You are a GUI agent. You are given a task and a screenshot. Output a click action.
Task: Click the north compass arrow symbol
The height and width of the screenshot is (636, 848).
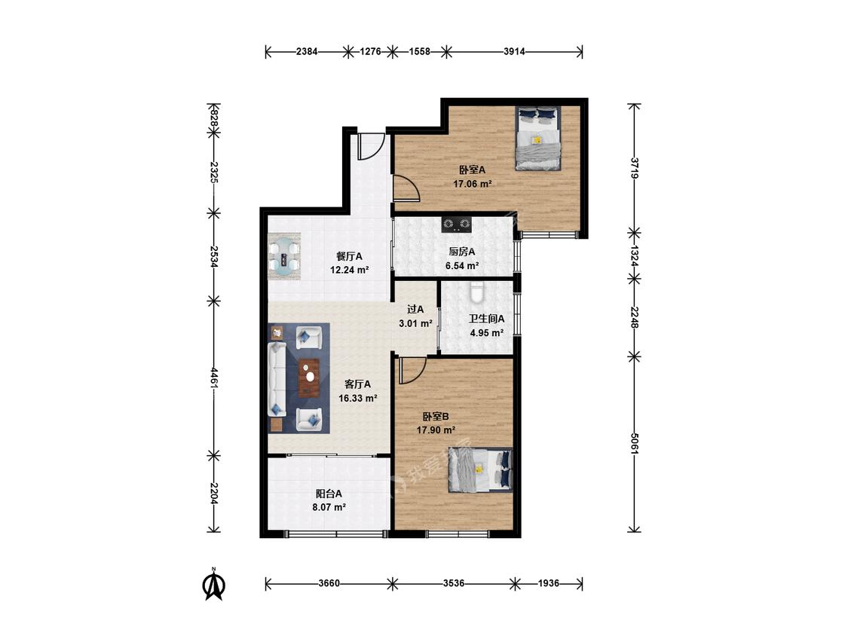pos(214,585)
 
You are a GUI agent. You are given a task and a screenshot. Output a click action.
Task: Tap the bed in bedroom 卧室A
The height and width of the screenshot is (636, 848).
pos(537,138)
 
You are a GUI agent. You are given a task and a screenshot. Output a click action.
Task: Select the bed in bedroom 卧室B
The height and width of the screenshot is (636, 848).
pos(479,470)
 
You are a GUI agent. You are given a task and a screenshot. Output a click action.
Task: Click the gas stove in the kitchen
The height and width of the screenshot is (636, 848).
pos(457,224)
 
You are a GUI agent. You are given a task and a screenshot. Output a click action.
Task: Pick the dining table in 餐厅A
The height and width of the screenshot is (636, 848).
pos(284,255)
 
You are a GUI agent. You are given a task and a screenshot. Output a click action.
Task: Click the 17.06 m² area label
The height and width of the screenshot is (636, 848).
pos(472,184)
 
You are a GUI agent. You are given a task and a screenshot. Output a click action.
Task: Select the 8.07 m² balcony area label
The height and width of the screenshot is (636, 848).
pos(329,507)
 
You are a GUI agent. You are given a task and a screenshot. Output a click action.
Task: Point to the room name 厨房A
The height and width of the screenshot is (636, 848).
pos(462,252)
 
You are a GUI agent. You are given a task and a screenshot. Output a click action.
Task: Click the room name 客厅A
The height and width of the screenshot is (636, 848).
pos(357,384)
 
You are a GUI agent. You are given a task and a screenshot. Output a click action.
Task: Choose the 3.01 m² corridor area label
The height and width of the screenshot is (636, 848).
pos(415,324)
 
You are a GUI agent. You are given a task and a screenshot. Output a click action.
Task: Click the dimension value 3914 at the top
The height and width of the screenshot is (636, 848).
pos(514,52)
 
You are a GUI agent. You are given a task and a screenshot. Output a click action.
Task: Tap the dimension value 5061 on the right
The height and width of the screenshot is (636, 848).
pos(635,443)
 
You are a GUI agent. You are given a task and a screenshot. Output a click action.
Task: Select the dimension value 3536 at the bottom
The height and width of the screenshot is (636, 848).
pos(454,583)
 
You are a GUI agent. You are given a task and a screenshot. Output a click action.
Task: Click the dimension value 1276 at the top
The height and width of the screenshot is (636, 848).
pos(370,52)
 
